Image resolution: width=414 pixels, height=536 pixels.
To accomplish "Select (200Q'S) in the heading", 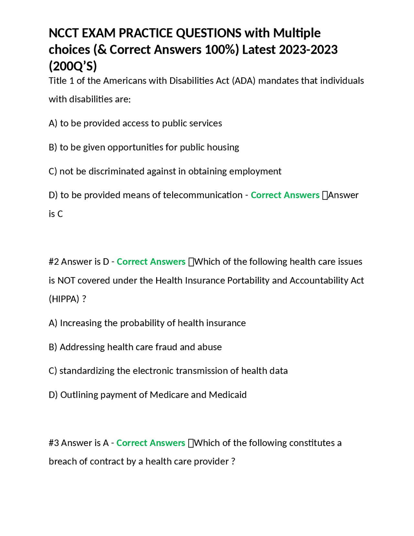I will [x=73, y=66].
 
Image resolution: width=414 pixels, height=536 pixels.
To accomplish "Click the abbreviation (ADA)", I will [x=244, y=81].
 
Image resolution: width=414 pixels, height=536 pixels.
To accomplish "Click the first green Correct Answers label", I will [x=285, y=195].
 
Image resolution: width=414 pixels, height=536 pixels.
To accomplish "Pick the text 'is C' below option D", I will [x=56, y=214].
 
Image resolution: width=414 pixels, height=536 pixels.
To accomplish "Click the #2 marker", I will [x=54, y=262].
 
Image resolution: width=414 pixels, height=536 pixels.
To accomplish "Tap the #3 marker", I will [x=54, y=443].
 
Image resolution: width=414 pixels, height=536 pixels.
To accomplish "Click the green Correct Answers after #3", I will [x=150, y=443].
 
